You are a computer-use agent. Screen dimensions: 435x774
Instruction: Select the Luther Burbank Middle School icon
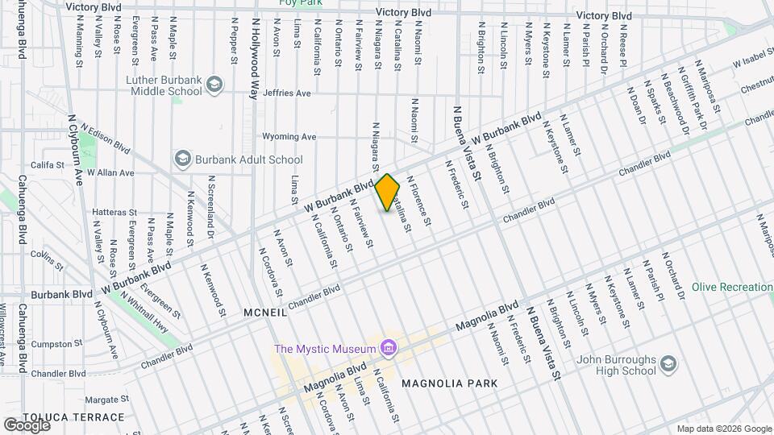(214, 84)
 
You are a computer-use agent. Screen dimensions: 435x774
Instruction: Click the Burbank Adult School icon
(183, 159)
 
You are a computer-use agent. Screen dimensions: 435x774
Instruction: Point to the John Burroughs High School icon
(668, 366)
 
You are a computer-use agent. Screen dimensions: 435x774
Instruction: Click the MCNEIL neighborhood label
(264, 312)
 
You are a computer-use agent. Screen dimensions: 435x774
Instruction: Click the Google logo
(27, 425)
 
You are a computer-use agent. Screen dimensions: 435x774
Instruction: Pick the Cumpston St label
(53, 344)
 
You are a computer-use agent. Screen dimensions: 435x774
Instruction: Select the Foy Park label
(300, 3)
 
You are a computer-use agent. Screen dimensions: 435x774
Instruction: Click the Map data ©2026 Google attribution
(723, 429)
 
